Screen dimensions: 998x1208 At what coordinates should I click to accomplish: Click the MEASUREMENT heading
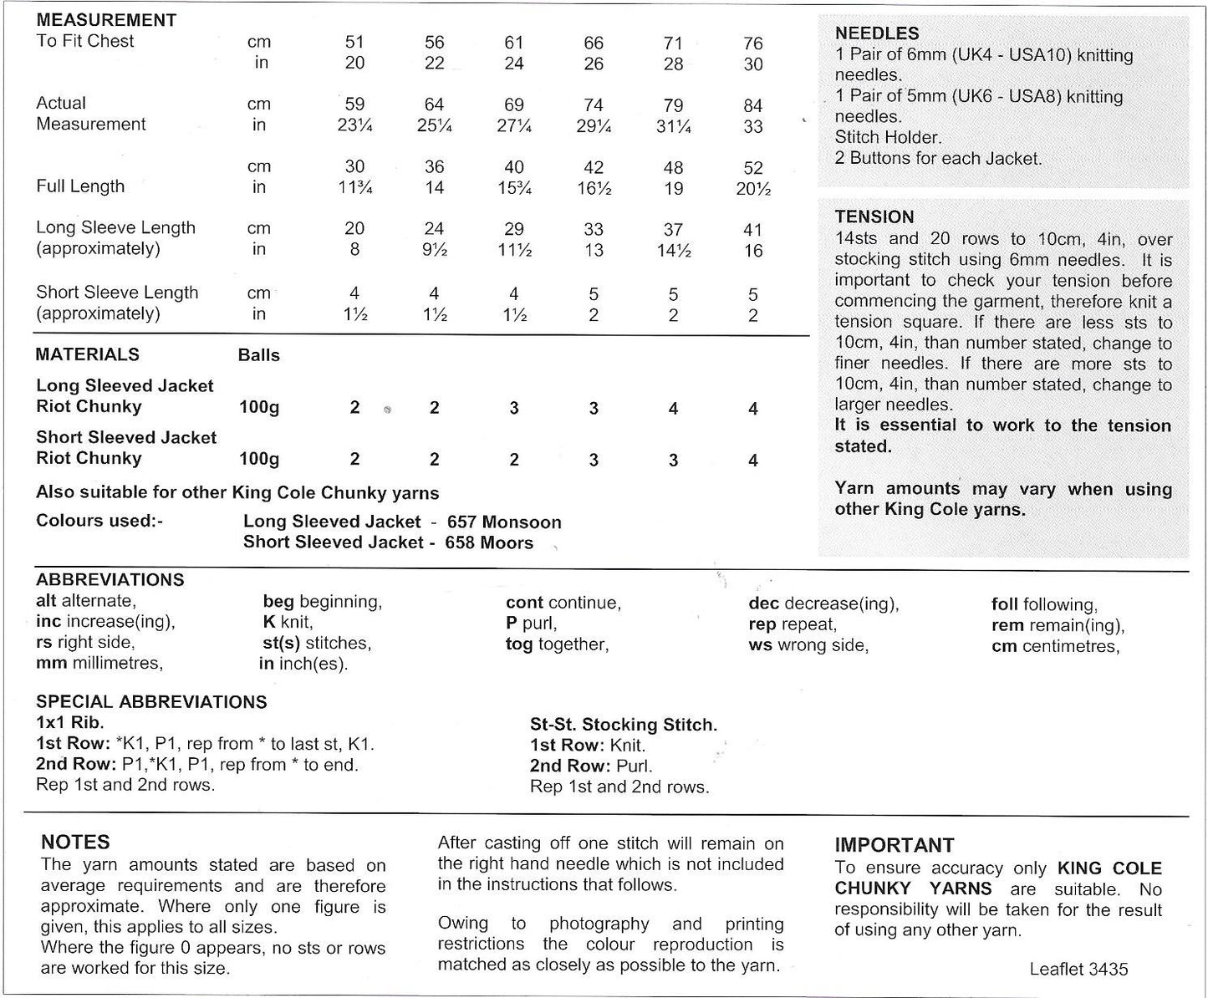pos(106,20)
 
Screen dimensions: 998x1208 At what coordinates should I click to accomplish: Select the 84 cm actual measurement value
pos(752,106)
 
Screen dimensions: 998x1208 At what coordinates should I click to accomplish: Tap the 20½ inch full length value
pos(752,189)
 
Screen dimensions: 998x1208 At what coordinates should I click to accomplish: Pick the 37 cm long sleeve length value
pos(673,230)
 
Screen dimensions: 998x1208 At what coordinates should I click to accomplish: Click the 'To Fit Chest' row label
pos(84,41)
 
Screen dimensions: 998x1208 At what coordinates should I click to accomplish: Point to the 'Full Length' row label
pos(80,186)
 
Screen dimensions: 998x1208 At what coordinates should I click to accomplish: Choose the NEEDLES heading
pos(877,33)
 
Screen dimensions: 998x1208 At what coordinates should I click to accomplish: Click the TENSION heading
pos(874,217)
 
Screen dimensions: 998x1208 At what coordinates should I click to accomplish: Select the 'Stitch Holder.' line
pos(888,137)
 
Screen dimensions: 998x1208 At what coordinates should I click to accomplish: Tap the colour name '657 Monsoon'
pos(504,522)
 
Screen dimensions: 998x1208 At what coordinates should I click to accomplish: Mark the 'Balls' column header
pos(258,355)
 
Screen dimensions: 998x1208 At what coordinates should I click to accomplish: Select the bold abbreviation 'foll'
pos(1004,604)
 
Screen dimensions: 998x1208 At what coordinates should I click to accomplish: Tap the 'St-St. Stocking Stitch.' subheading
pos(624,725)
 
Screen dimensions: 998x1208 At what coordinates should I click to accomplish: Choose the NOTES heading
pos(75,843)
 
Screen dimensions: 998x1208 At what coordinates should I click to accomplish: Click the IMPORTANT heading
pos(894,845)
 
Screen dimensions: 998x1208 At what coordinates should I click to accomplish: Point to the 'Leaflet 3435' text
pos(1078,970)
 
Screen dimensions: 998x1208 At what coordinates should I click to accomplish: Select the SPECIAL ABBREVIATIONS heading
pos(151,702)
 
